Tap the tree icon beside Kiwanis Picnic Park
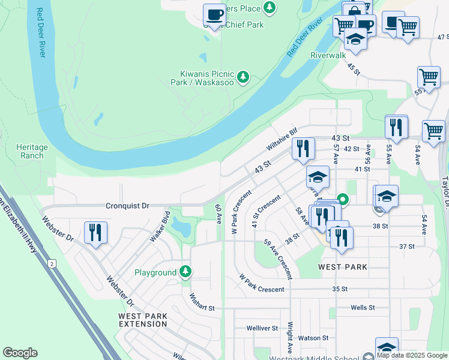[243, 77]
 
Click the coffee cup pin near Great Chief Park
[214, 14]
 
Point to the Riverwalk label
[328, 55]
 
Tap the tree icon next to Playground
[186, 272]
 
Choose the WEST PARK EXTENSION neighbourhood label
[143, 320]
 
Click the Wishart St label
[202, 302]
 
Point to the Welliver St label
[262, 328]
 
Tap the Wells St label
[363, 307]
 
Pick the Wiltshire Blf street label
[282, 139]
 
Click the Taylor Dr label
[445, 193]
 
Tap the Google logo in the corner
[20, 353]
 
